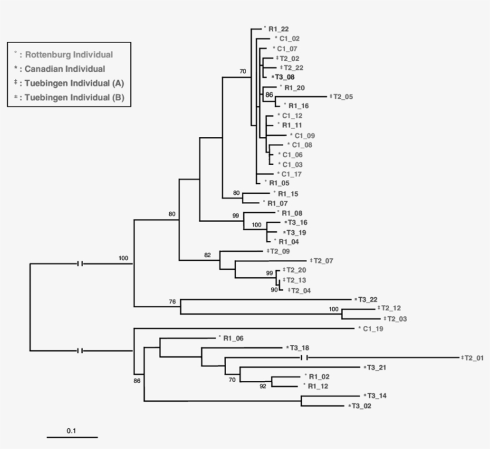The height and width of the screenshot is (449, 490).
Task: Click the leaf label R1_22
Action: point(278,29)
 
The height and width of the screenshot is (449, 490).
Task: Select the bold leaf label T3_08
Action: point(286,77)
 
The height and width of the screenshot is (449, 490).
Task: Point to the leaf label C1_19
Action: point(372,329)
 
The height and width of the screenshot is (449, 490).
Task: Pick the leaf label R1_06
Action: point(234,338)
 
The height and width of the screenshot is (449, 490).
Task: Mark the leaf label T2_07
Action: point(323,261)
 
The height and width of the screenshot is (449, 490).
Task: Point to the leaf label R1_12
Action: point(319,386)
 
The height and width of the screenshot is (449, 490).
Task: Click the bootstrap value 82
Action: point(207,255)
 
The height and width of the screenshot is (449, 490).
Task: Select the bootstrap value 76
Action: point(173,302)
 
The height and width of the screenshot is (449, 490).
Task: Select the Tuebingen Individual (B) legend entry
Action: point(69,97)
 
